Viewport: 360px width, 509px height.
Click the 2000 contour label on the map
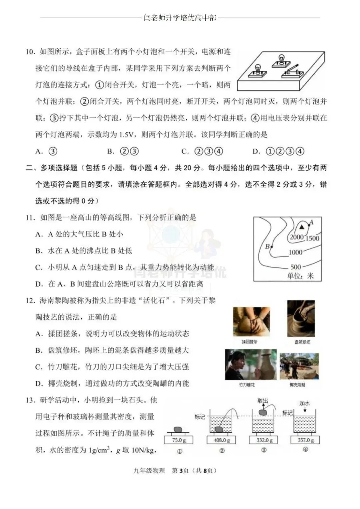(296, 237)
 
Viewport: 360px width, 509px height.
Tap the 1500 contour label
(312, 238)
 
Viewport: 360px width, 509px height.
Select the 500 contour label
(296, 267)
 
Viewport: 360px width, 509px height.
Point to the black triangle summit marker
(302, 227)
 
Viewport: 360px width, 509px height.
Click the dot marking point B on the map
(272, 247)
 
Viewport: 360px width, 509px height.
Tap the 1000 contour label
(295, 252)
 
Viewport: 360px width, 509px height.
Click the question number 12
(30, 301)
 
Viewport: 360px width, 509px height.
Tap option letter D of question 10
(256, 152)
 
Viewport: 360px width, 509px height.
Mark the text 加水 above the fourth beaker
(304, 403)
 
